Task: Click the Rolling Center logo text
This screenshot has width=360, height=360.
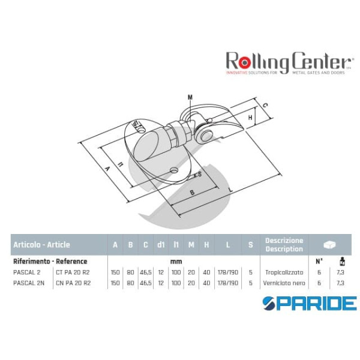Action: point(287,61)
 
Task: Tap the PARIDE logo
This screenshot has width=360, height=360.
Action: point(309,303)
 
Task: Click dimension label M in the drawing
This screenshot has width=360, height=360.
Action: point(190,97)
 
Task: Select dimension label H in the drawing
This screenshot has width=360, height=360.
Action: point(250,118)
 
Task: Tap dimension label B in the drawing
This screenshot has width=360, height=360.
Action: point(191,193)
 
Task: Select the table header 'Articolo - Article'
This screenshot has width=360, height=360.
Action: point(41,244)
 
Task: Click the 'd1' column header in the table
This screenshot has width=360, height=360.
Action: point(161,244)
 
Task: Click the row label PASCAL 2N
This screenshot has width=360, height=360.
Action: point(27,282)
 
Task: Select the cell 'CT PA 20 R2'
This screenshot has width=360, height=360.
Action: point(74,272)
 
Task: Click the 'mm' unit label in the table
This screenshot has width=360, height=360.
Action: point(176,261)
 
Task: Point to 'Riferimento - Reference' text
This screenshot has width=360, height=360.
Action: point(50,261)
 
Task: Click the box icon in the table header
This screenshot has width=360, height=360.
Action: point(329,245)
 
